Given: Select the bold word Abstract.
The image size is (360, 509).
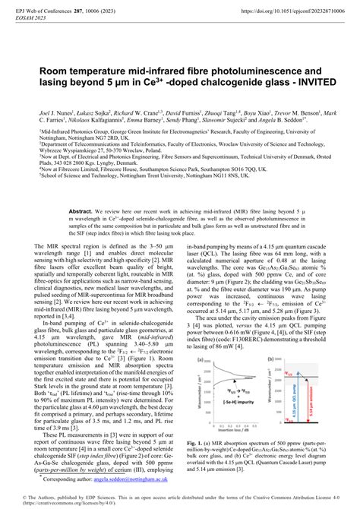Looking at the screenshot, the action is (x=80, y=208).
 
